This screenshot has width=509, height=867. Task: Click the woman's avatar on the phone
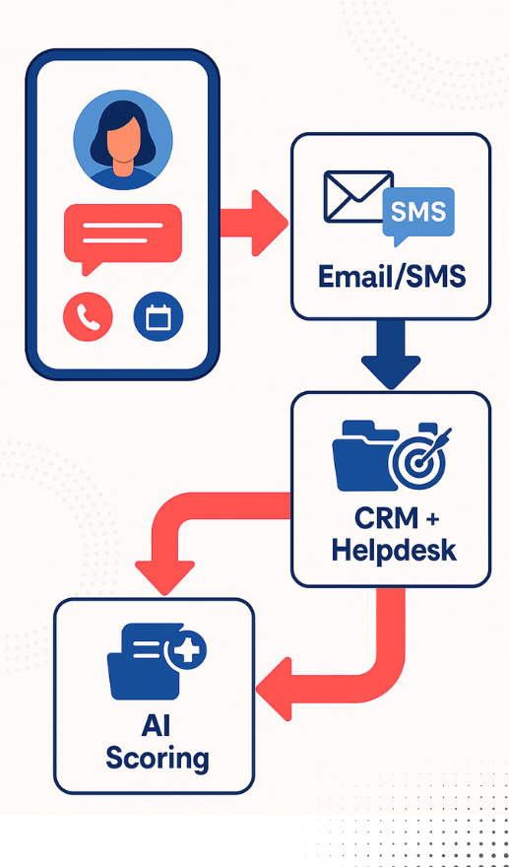(123, 139)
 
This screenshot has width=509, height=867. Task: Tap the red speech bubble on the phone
(123, 235)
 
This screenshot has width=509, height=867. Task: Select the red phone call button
(88, 317)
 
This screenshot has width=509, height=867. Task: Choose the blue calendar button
(159, 317)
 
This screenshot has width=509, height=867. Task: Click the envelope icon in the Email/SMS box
(358, 197)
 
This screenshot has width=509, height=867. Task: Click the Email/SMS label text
(392, 277)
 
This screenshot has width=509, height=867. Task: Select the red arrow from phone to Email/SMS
(254, 223)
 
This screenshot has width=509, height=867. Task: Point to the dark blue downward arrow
(391, 354)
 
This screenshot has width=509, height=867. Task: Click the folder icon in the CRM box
(364, 456)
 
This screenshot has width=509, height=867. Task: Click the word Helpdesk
(394, 551)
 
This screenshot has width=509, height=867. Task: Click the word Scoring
(158, 759)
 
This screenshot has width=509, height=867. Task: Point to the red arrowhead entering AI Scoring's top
(164, 577)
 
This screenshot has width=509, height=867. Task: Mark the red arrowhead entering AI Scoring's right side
(274, 689)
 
